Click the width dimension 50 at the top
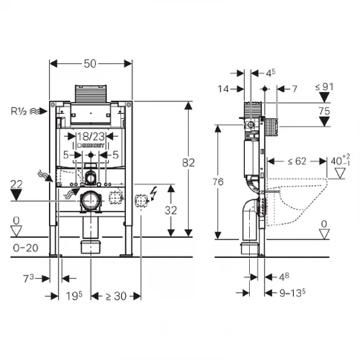(x=91, y=64)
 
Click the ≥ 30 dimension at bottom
(x=117, y=296)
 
